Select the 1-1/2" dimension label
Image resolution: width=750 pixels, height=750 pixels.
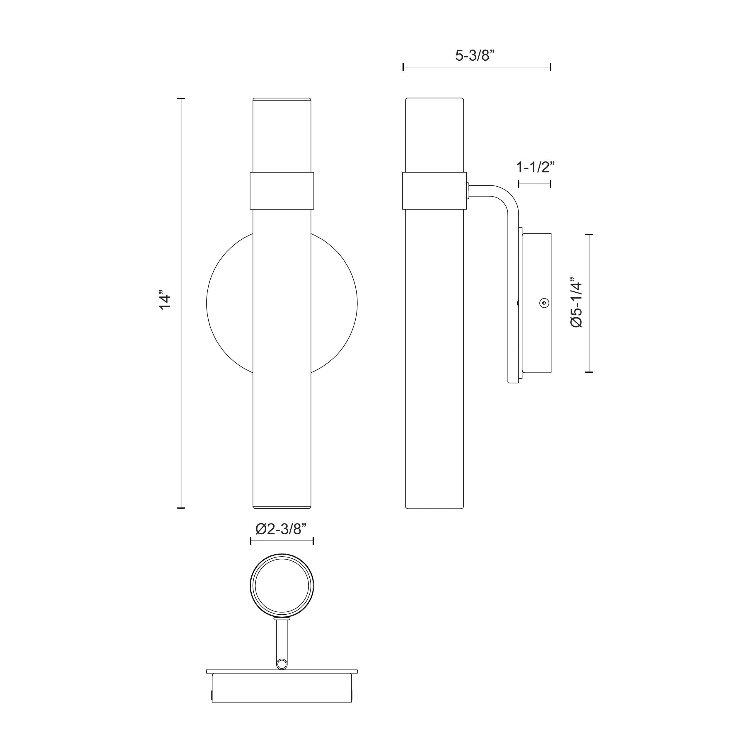click(x=535, y=167)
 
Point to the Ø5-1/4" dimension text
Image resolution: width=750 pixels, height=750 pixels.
click(x=577, y=303)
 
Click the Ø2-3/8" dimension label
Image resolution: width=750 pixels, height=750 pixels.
click(x=282, y=529)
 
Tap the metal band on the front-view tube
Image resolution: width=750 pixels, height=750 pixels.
click(x=282, y=191)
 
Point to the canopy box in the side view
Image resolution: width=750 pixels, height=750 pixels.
click(x=537, y=303)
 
